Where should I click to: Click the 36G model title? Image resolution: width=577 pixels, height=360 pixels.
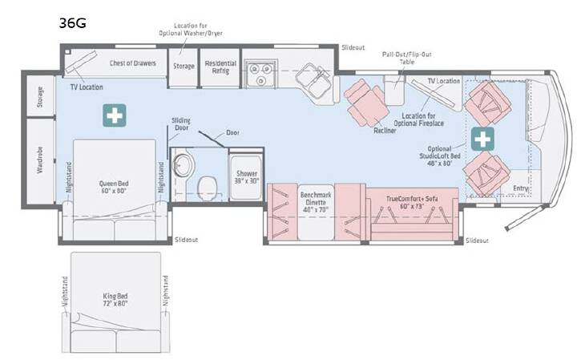tap(72, 22)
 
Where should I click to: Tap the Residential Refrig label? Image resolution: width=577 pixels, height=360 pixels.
tap(220, 67)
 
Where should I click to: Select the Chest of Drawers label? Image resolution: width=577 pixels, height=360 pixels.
tap(133, 63)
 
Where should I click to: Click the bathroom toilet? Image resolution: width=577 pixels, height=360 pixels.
tap(208, 188)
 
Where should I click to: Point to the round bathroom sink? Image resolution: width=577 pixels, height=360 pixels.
tap(183, 164)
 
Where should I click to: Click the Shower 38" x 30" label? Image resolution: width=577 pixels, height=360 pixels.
tap(247, 177)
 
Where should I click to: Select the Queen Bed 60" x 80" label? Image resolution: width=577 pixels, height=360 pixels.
tap(114, 187)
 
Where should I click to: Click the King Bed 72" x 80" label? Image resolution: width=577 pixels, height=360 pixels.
tap(115, 300)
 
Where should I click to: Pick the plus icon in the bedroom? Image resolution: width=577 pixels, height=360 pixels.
tap(115, 115)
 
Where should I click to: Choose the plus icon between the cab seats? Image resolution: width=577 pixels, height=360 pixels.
tap(482, 140)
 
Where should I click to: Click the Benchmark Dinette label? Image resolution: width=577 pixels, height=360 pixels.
tap(316, 203)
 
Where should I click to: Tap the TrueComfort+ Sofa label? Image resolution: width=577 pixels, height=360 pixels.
tap(412, 203)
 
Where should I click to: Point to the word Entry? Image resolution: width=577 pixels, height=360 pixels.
tap(521, 188)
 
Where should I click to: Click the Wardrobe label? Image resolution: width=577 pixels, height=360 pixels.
tap(40, 160)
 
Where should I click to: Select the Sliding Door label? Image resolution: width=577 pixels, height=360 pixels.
tap(181, 124)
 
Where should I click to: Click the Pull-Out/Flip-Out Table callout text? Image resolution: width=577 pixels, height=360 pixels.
tap(406, 59)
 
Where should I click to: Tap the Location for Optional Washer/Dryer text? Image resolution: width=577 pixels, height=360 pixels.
tap(191, 30)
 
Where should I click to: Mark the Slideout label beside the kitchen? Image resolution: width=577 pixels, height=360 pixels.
tap(353, 47)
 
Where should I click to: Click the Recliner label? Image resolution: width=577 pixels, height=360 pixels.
tap(385, 131)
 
